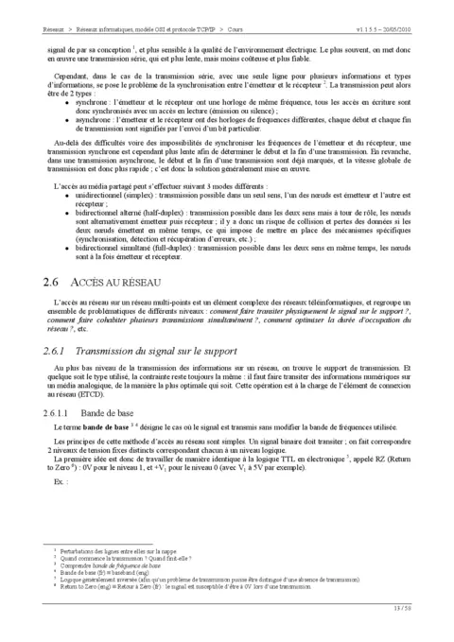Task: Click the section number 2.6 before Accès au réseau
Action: [52, 283]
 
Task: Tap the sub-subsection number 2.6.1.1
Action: [57, 415]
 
